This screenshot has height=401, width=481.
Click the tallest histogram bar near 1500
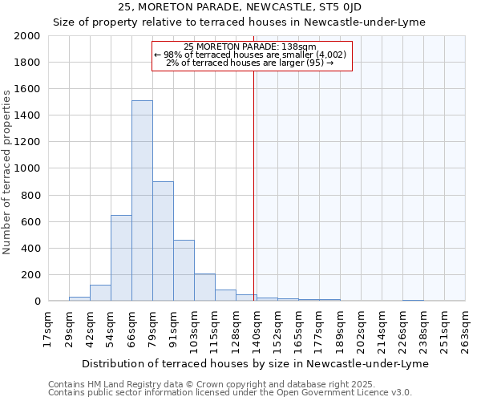click(142, 200)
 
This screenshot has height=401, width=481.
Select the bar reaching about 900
click(163, 241)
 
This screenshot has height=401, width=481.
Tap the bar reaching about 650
click(121, 257)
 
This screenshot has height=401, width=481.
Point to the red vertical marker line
click(254, 184)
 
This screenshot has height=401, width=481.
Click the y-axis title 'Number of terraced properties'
click(7, 172)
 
